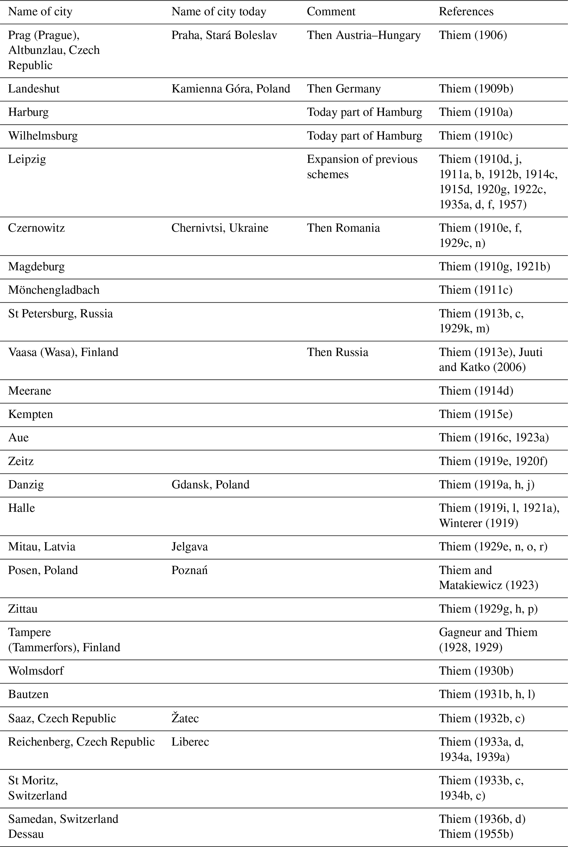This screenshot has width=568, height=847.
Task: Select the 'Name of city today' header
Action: click(218, 12)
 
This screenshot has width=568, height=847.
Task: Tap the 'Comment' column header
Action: click(331, 12)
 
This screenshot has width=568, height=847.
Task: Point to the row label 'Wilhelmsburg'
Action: click(43, 136)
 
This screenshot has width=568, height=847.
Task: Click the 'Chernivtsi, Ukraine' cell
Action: click(220, 228)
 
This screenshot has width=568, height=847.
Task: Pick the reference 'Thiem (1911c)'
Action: click(476, 290)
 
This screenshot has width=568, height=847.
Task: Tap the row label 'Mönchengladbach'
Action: click(54, 290)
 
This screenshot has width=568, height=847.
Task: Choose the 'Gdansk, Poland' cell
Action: click(210, 484)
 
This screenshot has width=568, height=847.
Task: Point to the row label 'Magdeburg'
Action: click(36, 267)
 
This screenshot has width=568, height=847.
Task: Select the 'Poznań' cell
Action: click(189, 570)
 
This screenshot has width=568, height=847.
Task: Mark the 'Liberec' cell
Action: click(190, 742)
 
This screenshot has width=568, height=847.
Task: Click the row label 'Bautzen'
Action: click(28, 694)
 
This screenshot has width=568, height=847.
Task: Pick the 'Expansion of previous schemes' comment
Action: click(362, 166)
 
